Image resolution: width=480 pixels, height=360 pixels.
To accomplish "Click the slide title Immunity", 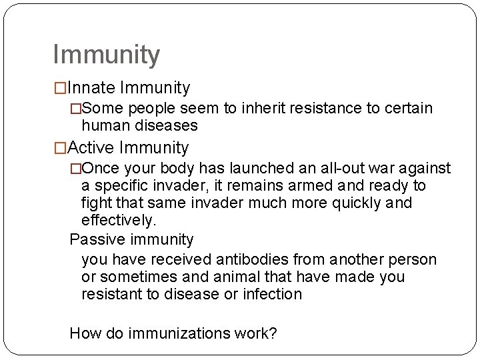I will [106, 55].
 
